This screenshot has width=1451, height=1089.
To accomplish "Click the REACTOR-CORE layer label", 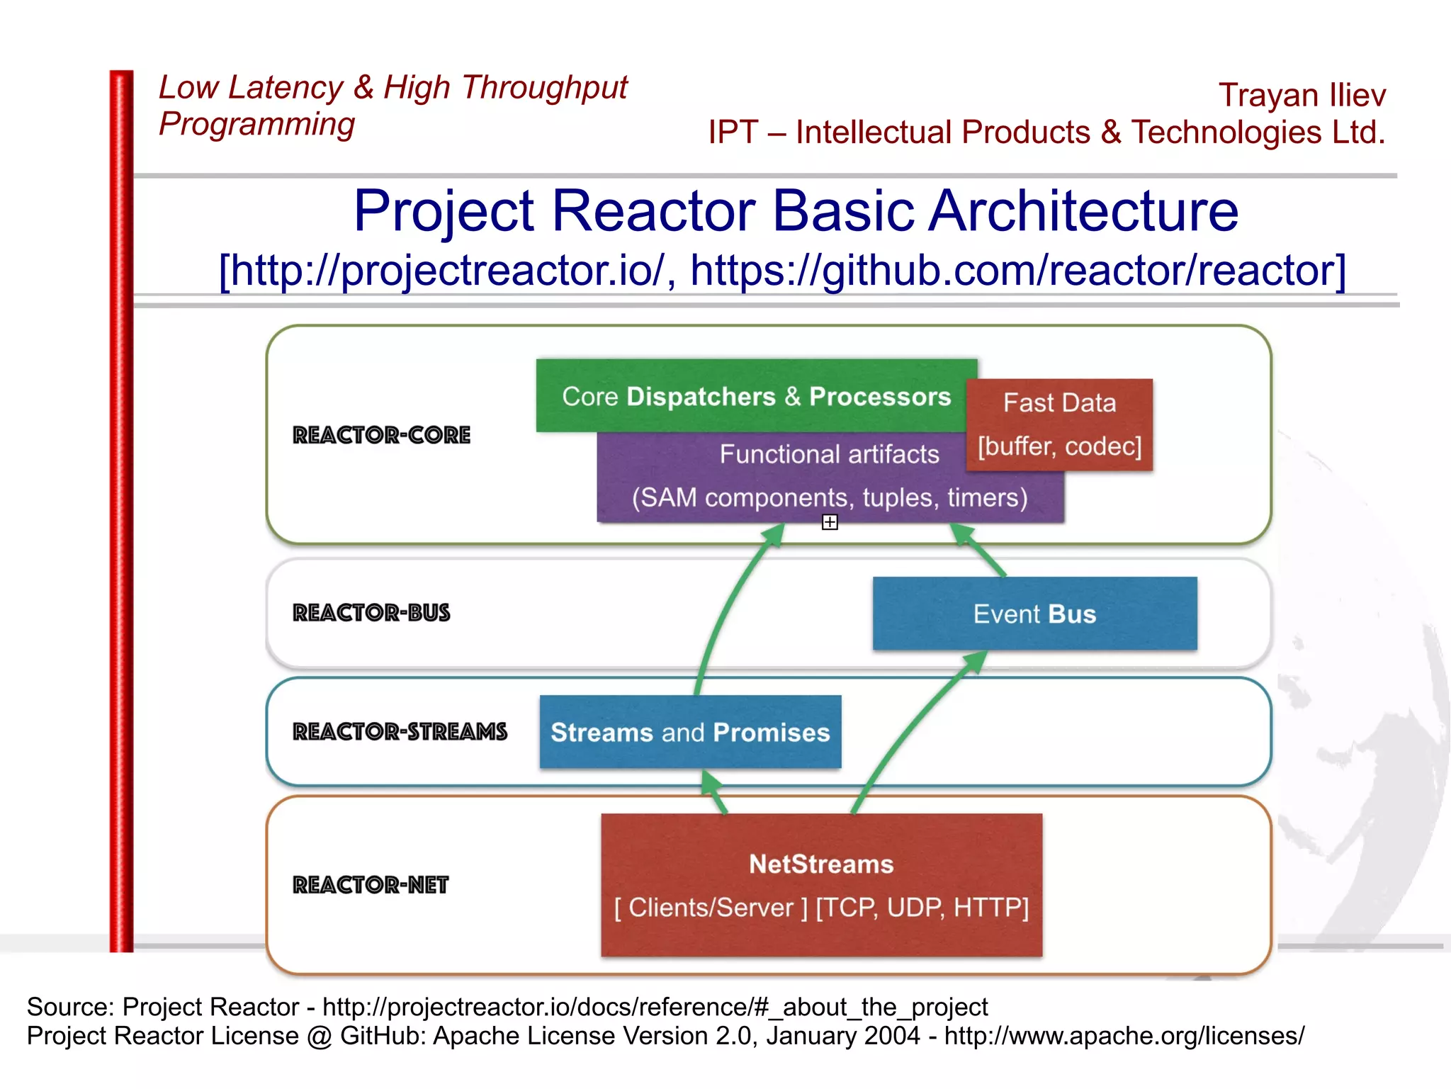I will pos(381,435).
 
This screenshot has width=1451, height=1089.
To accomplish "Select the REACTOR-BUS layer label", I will pos(371,613).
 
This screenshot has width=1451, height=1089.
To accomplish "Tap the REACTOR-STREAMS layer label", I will pos(400,732).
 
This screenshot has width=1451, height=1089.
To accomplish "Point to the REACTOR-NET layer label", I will pos(371,885).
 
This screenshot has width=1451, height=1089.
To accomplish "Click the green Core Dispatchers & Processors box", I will pos(755,396).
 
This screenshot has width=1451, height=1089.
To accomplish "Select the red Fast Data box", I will pos(1059,424).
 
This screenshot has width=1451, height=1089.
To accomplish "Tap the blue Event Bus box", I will pos(1034,614).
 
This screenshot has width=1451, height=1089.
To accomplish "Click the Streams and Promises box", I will pos(690,732).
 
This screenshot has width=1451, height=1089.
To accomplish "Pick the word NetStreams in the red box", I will pos(821,864).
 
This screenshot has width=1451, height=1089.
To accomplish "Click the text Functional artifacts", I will pos(829,454).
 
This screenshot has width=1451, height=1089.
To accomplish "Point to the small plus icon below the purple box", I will pos(830,522).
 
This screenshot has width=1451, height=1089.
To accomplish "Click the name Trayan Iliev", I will pos(1302,95).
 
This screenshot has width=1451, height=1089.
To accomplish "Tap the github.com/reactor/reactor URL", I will pos(1017,271).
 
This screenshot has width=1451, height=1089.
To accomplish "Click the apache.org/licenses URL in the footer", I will pos(1124,1036).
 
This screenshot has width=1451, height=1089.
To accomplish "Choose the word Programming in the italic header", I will pos(256,124).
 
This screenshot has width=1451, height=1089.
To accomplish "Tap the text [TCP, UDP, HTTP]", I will pos(922,908).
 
